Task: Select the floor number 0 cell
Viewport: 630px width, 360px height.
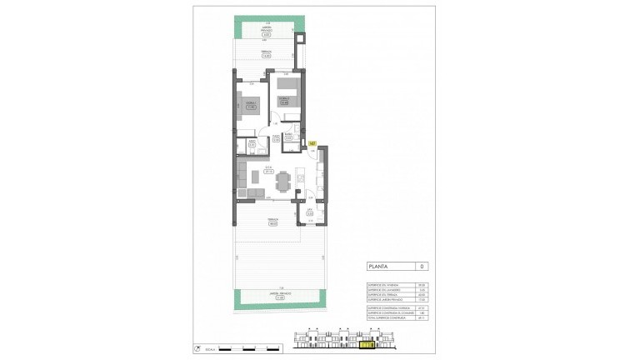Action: tap(422, 267)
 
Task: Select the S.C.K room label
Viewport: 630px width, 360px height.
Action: tap(269, 169)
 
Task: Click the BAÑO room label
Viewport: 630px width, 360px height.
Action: tap(287, 137)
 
